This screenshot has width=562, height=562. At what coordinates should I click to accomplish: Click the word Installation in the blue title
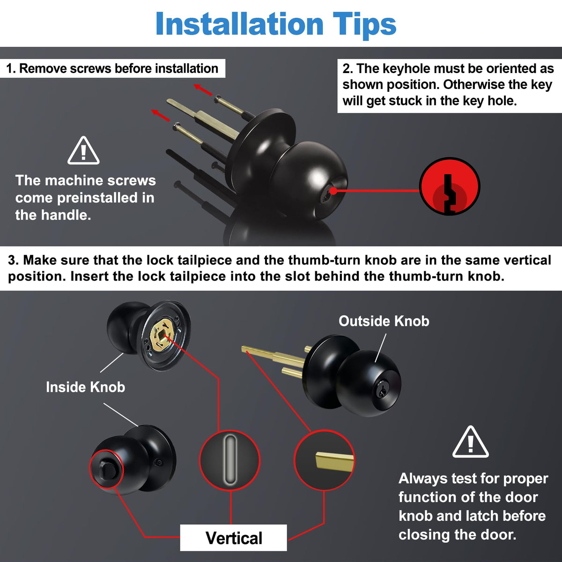240,24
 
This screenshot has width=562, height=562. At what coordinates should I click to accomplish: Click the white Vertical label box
233,538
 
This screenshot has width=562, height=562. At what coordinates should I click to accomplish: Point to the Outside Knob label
384,321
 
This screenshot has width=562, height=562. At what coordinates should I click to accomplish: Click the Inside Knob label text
85,387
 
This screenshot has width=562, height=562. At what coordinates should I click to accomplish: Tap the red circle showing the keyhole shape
450,186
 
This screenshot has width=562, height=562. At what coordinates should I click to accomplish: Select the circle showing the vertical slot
230,460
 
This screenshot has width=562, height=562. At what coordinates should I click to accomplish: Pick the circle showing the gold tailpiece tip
324,460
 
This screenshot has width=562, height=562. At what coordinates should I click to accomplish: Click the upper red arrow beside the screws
203,89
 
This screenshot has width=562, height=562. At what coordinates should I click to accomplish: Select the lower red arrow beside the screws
161,115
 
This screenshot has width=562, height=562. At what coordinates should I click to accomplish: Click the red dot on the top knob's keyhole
333,191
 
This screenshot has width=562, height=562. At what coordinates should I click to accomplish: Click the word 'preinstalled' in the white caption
97,198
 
